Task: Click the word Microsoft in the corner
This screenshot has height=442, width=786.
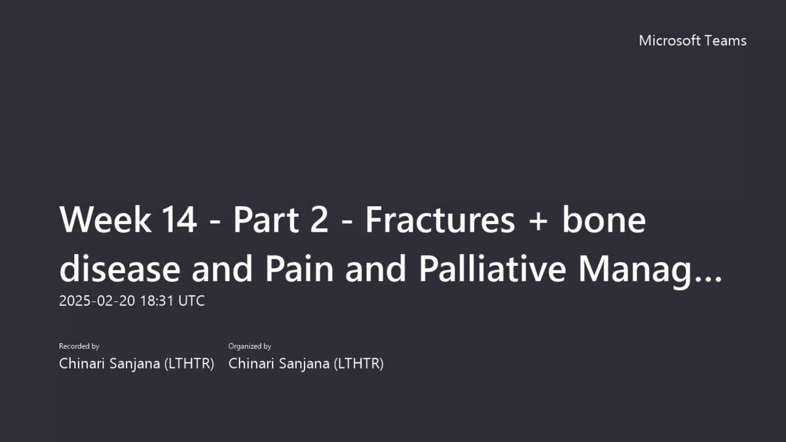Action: (x=669, y=41)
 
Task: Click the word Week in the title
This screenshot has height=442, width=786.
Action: (x=105, y=220)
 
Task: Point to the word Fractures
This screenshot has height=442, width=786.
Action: (x=440, y=220)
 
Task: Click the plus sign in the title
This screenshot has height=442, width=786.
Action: (x=538, y=222)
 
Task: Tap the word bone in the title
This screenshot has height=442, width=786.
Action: (x=604, y=219)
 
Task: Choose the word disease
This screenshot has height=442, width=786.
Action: (x=120, y=268)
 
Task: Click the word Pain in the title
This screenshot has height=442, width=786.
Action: (x=299, y=268)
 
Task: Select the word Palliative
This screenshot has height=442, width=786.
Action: (x=493, y=268)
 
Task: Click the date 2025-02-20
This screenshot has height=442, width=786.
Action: (x=97, y=301)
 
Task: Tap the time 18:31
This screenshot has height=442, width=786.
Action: (x=157, y=301)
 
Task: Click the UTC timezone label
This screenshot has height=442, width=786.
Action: (x=191, y=301)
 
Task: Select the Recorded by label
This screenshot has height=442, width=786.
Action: (x=79, y=346)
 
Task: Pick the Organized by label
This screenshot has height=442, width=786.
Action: (x=250, y=346)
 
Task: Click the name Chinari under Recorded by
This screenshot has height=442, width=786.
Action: (x=81, y=363)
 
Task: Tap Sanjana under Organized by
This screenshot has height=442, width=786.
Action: (x=304, y=364)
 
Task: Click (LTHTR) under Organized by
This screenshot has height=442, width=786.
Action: (x=359, y=364)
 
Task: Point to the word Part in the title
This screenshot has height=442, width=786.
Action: (x=266, y=220)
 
